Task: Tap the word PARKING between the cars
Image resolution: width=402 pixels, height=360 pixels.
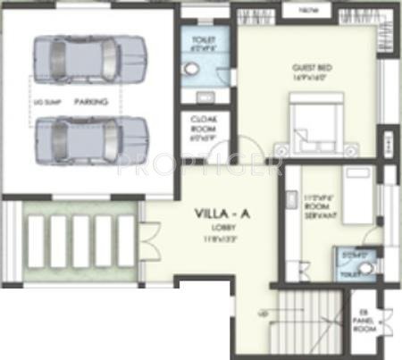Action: click(91, 102)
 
